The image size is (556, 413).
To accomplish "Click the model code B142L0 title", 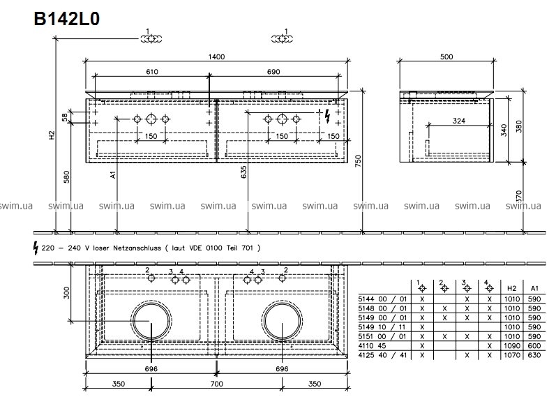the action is coord(67,19).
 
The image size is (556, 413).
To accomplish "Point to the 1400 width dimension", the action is coord(216,57).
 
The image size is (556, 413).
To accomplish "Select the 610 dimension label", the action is coord(152,72).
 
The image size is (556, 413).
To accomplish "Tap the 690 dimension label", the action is coord(273,72).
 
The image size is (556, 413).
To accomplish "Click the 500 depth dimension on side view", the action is coord(446,57).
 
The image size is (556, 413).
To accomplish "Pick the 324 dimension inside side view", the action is coord(459,121).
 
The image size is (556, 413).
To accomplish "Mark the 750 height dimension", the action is coord(358,162).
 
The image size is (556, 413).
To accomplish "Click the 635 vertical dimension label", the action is coord(244,172).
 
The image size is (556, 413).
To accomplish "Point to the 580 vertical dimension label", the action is coord(66,177).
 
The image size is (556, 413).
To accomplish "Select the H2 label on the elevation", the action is coord(52,135).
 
